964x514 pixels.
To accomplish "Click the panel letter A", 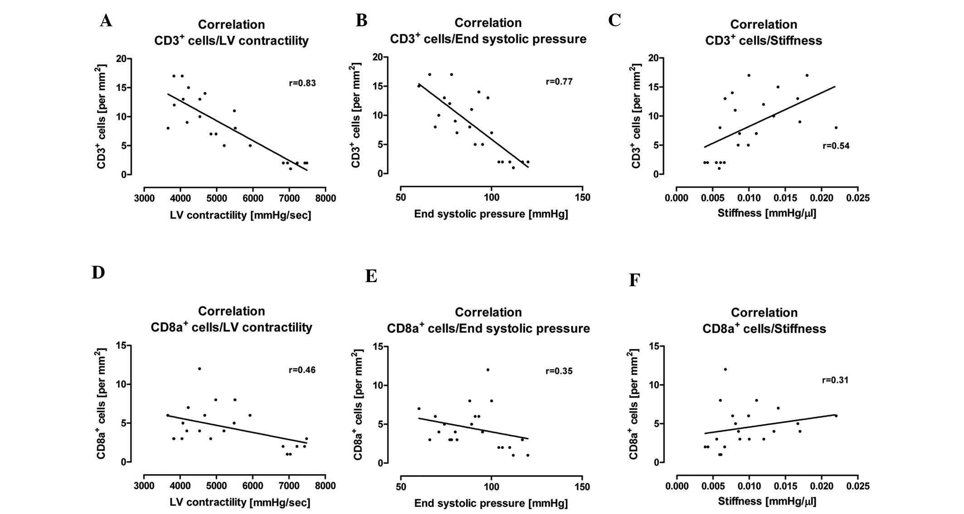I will coord(106,21).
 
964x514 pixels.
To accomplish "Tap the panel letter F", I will coord(634,280).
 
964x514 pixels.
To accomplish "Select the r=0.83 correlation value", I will coord(302,83).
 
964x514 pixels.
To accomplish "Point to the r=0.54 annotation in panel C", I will coord(836,146).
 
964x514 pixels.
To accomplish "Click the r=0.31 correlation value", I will coord(835,380).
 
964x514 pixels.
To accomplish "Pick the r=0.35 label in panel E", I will coord(559,371).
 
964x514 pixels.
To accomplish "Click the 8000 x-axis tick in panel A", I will coord(325,198).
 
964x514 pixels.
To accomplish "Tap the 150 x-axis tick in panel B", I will coord(582,197).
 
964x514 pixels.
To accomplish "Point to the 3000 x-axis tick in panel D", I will coord(144,486).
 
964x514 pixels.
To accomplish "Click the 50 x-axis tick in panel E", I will coord(401,487).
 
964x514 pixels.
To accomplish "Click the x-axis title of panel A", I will coord(240,216).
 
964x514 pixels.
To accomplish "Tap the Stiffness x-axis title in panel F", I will coord(767,501).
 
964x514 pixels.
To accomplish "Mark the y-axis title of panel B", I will coord(356,115).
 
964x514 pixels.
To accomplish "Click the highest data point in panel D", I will coord(199,369).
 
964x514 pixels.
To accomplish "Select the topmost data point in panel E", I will coord(488,370).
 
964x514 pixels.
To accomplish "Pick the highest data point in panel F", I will coord(725,370).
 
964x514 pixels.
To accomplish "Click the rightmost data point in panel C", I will coord(836,128).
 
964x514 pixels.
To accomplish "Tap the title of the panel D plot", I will coord(231,319).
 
